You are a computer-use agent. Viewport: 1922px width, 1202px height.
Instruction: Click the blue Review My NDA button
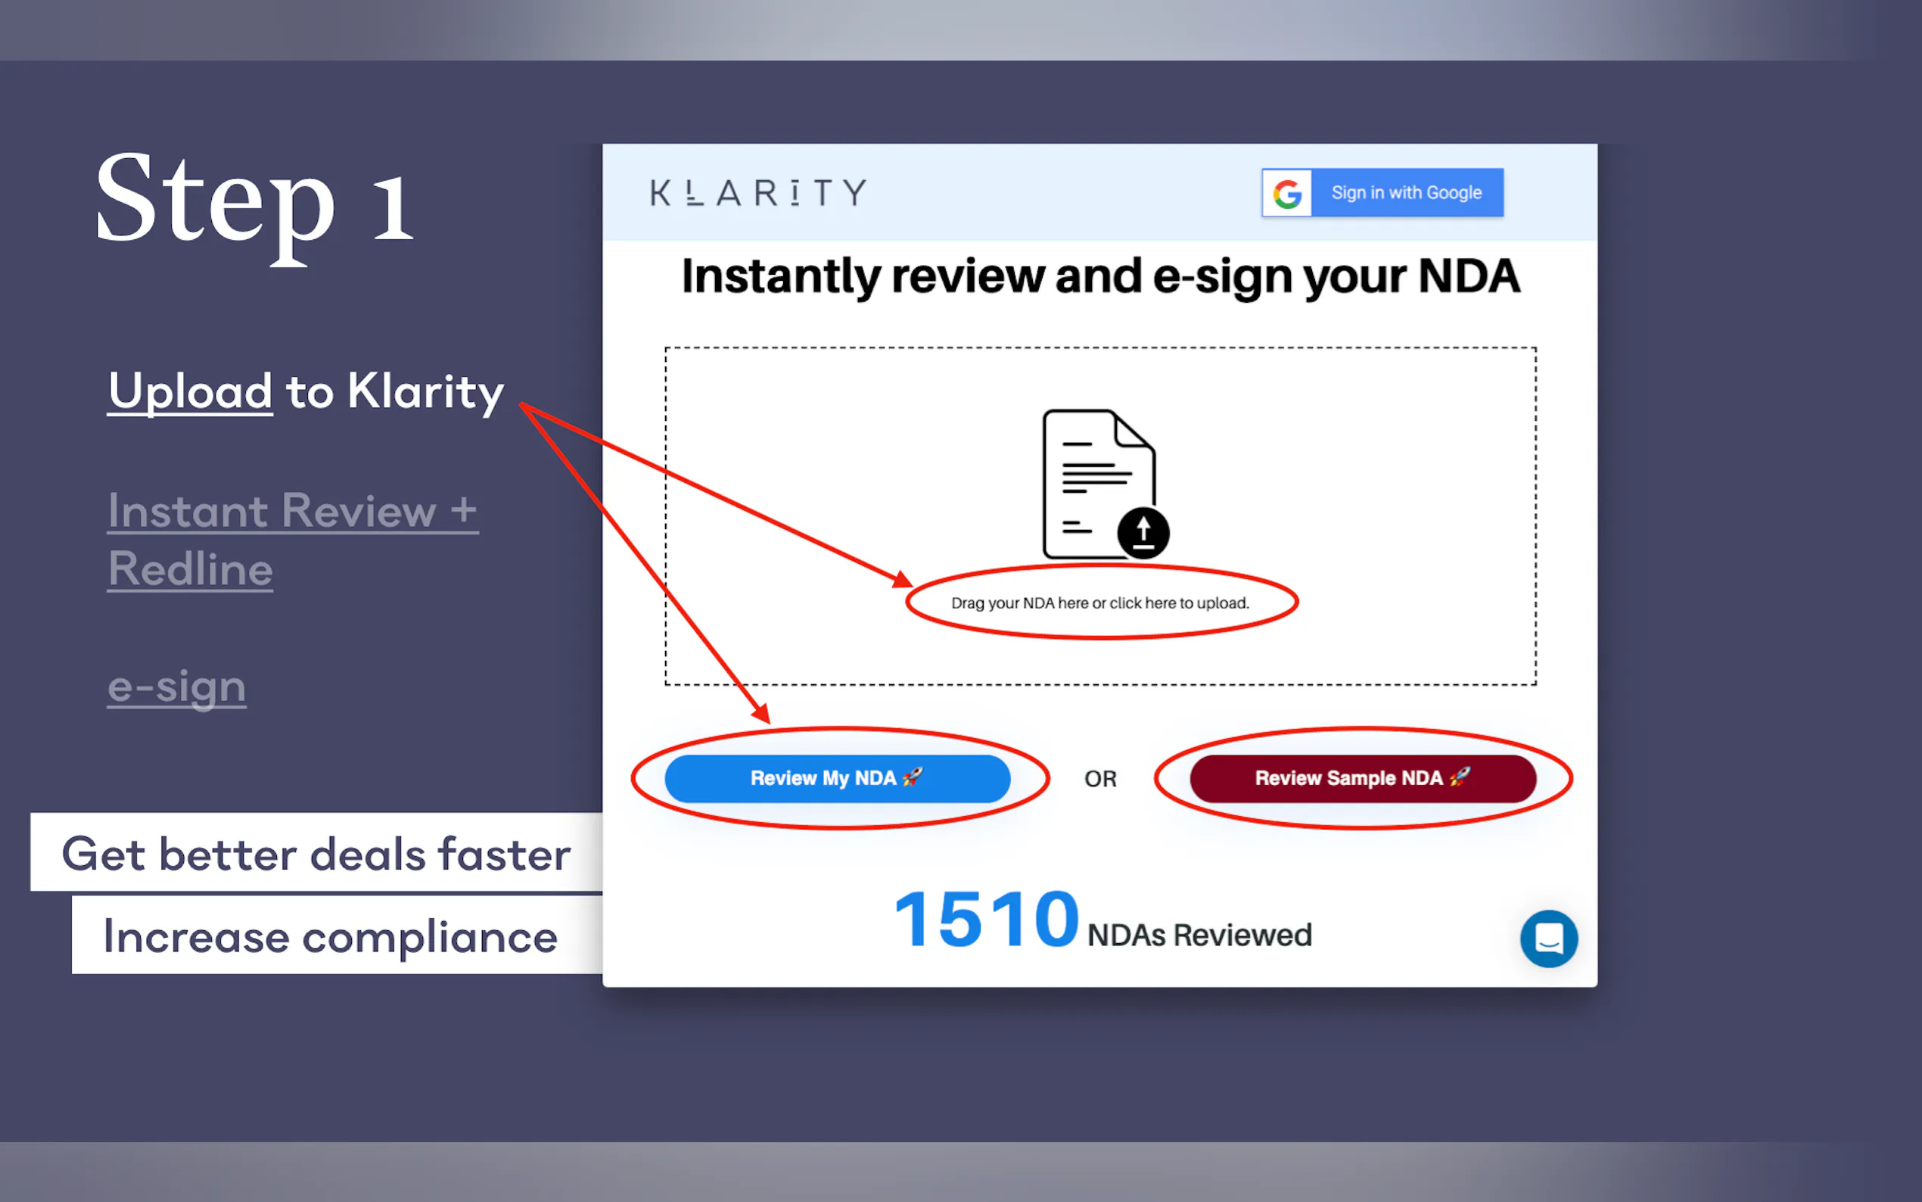(x=838, y=778)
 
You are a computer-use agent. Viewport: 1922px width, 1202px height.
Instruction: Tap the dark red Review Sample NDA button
(x=1363, y=778)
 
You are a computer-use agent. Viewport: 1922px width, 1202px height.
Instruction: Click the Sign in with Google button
(x=1382, y=192)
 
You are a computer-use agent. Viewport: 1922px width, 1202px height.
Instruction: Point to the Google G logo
(x=1287, y=193)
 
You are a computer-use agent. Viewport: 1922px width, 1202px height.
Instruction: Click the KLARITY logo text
(x=758, y=193)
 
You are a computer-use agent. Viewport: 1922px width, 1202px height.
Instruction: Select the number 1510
(x=986, y=920)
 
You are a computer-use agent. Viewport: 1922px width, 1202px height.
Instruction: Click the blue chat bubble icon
(x=1548, y=939)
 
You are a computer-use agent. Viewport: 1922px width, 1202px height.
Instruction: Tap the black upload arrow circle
(x=1143, y=532)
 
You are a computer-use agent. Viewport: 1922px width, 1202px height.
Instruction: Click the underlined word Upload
(x=191, y=393)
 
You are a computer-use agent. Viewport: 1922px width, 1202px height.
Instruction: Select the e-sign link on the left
(x=177, y=687)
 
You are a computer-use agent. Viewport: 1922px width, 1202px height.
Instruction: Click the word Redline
(x=191, y=569)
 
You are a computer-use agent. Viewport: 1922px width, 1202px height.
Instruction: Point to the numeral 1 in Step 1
(x=393, y=208)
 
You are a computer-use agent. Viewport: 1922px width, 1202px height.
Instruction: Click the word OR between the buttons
(x=1100, y=779)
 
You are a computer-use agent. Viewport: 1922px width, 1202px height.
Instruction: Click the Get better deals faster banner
(x=316, y=852)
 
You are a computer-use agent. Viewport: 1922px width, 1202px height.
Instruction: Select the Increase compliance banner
(x=337, y=936)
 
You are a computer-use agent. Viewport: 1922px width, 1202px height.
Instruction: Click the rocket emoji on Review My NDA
(x=912, y=777)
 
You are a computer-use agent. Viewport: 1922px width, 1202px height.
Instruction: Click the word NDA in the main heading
(x=1469, y=276)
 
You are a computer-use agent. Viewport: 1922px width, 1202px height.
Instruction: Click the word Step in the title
(x=215, y=205)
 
